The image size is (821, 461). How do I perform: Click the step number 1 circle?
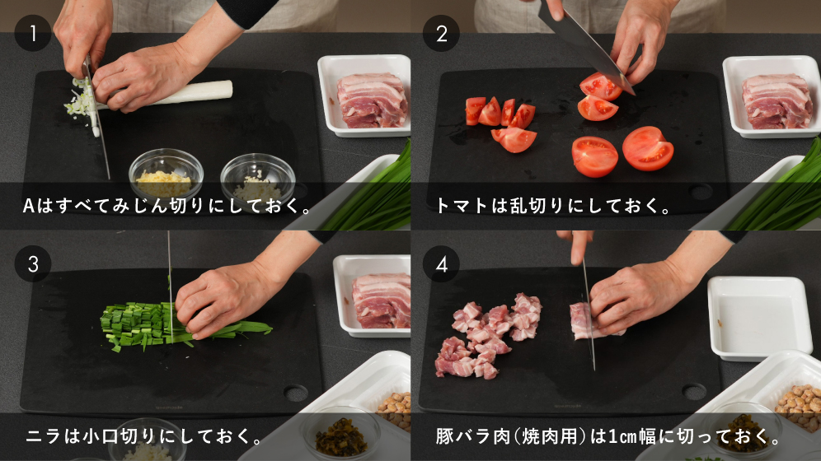pos(32,34)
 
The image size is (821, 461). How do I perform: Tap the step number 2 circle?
pos(441,34)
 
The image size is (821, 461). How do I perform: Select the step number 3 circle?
pos(32,264)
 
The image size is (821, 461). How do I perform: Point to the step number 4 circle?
pos(441,264)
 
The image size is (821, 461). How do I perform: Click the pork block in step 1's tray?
pos(373,100)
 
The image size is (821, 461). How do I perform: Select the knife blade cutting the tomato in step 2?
pos(586,49)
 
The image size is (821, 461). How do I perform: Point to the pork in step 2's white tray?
pos(777,101)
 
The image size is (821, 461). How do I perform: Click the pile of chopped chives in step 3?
pos(137,325)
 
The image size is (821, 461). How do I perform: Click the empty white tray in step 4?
pos(758,318)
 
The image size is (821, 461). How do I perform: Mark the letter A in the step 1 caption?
pos(28,206)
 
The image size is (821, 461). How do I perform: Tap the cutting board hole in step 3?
pos(295,393)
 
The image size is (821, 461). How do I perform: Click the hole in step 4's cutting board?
pos(694,392)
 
